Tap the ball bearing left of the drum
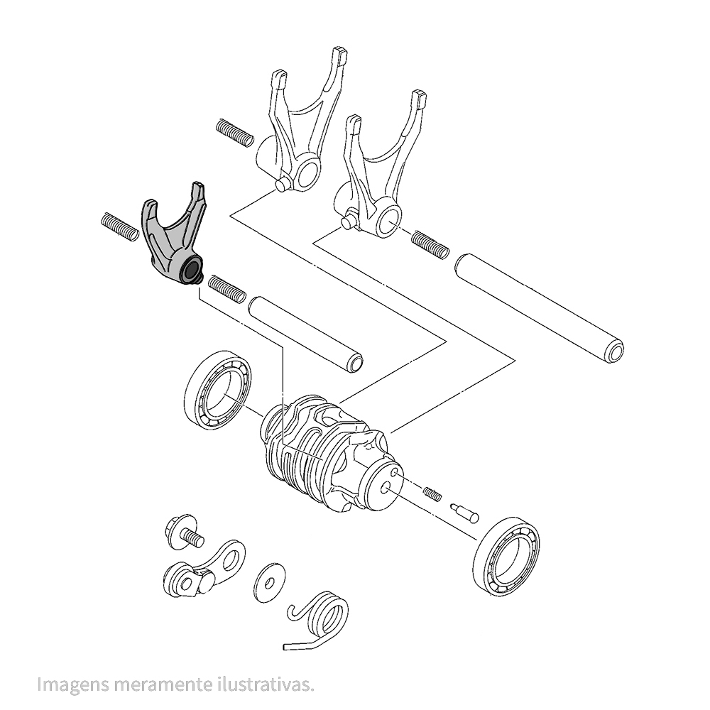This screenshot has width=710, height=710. [218, 389]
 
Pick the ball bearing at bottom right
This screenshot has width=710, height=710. [506, 557]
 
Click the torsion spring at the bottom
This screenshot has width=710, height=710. [319, 621]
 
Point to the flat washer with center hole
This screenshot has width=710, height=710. [269, 583]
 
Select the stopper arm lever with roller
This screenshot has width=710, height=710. [204, 570]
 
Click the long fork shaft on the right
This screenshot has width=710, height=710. [540, 308]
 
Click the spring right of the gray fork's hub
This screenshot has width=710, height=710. [227, 289]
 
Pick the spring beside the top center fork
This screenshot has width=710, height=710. [235, 132]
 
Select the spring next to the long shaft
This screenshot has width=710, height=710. [431, 245]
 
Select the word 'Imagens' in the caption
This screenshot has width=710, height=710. [73, 684]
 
